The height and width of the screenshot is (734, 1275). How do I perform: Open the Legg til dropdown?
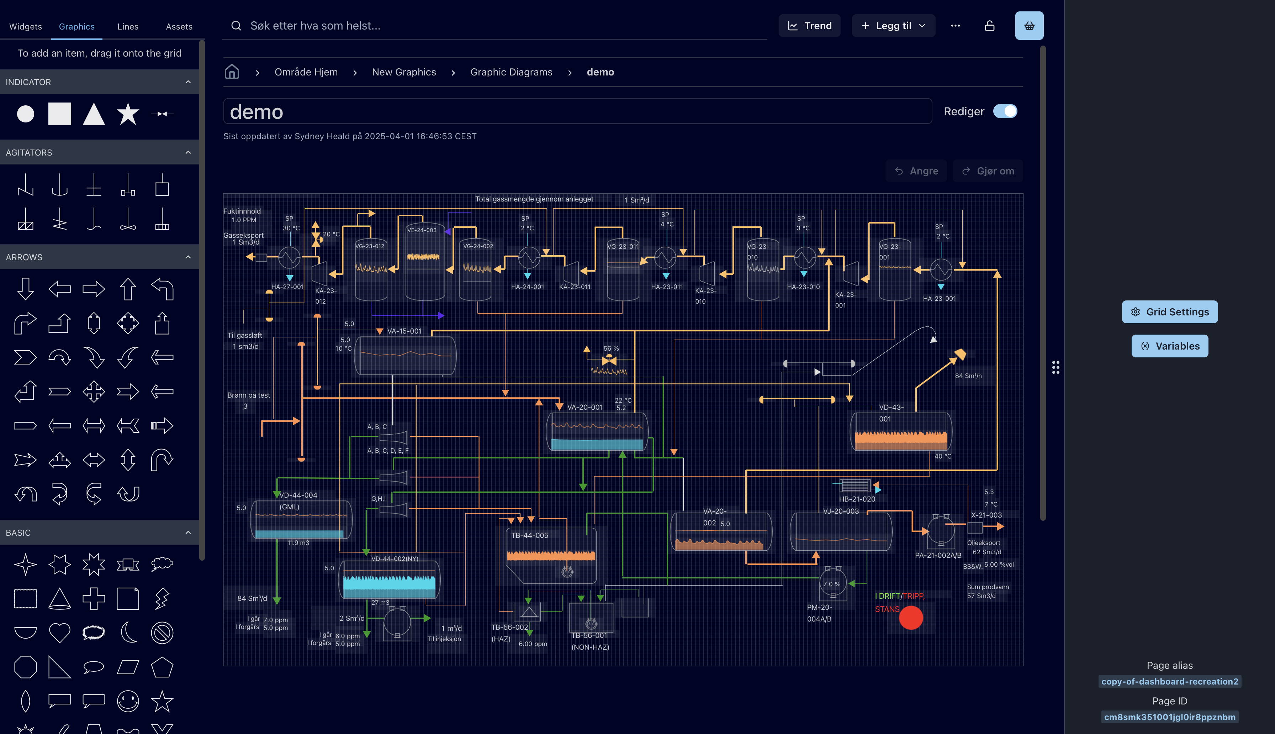893,26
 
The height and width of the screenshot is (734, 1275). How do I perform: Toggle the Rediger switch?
1005,111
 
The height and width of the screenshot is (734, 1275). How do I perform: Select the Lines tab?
127,27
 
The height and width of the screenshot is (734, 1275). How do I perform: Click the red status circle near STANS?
911,618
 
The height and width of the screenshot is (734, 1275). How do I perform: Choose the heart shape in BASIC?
59,633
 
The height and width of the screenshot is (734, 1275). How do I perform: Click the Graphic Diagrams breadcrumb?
511,72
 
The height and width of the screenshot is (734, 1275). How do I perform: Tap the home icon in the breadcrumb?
232,72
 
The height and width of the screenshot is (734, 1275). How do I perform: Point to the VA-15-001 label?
404,331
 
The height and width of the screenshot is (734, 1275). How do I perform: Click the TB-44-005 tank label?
529,535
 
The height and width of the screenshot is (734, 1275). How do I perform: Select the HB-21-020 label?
856,499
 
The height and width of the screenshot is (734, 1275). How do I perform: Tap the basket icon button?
1029,26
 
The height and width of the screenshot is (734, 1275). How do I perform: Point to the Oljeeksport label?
983,543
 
